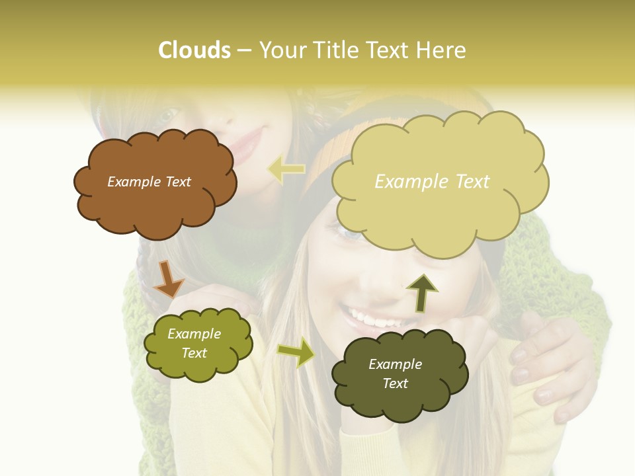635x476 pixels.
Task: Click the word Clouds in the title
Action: (194, 50)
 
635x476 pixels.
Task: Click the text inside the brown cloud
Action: (149, 182)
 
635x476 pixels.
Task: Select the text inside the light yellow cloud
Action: (432, 181)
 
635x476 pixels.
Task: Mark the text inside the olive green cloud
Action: (194, 343)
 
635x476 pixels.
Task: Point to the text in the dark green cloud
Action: (395, 374)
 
